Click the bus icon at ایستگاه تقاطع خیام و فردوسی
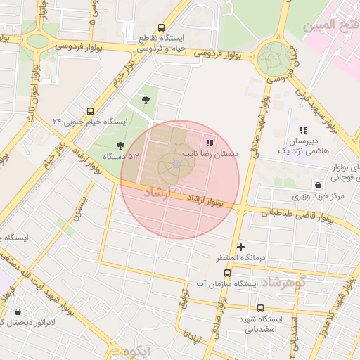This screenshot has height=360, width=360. (x=162, y=27)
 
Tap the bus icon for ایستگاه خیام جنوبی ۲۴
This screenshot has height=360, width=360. (x=90, y=111)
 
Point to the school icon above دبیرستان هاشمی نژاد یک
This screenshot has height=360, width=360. (x=303, y=130)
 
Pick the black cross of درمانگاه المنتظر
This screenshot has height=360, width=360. (x=241, y=247)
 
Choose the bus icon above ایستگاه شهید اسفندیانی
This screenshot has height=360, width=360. (x=261, y=308)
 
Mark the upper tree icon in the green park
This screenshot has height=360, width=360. (x=146, y=100)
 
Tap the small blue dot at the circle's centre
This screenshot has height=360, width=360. (x=176, y=165)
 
